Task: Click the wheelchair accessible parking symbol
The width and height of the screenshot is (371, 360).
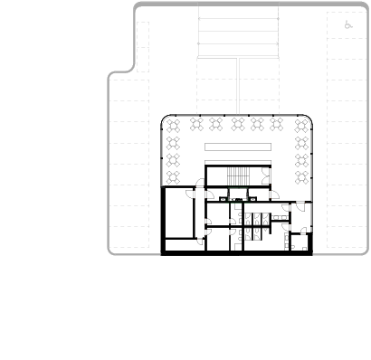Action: pyautogui.click(x=348, y=25)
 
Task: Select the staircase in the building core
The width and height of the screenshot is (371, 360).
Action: pyautogui.click(x=237, y=176)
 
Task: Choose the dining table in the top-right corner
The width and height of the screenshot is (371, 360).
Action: pyautogui.click(x=302, y=125)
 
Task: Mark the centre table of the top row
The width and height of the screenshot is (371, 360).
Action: pyautogui.click(x=238, y=125)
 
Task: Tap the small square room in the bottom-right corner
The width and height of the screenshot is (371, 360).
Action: pyautogui.click(x=300, y=242)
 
